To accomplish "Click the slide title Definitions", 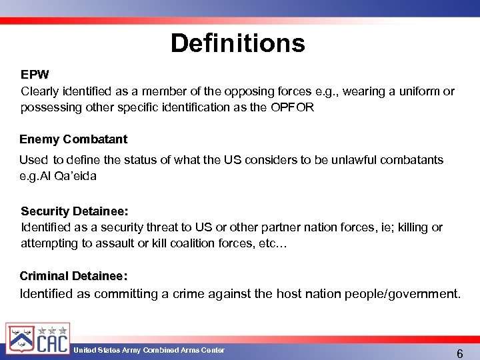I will point(237,43).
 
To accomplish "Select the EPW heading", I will point(34,73).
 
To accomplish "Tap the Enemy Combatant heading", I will point(73,139).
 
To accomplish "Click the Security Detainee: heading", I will point(75,211).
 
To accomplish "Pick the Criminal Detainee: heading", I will point(73,275).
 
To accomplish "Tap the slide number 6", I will point(459,353).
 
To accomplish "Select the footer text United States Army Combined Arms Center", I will point(149,350).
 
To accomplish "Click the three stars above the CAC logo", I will point(51,329).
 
